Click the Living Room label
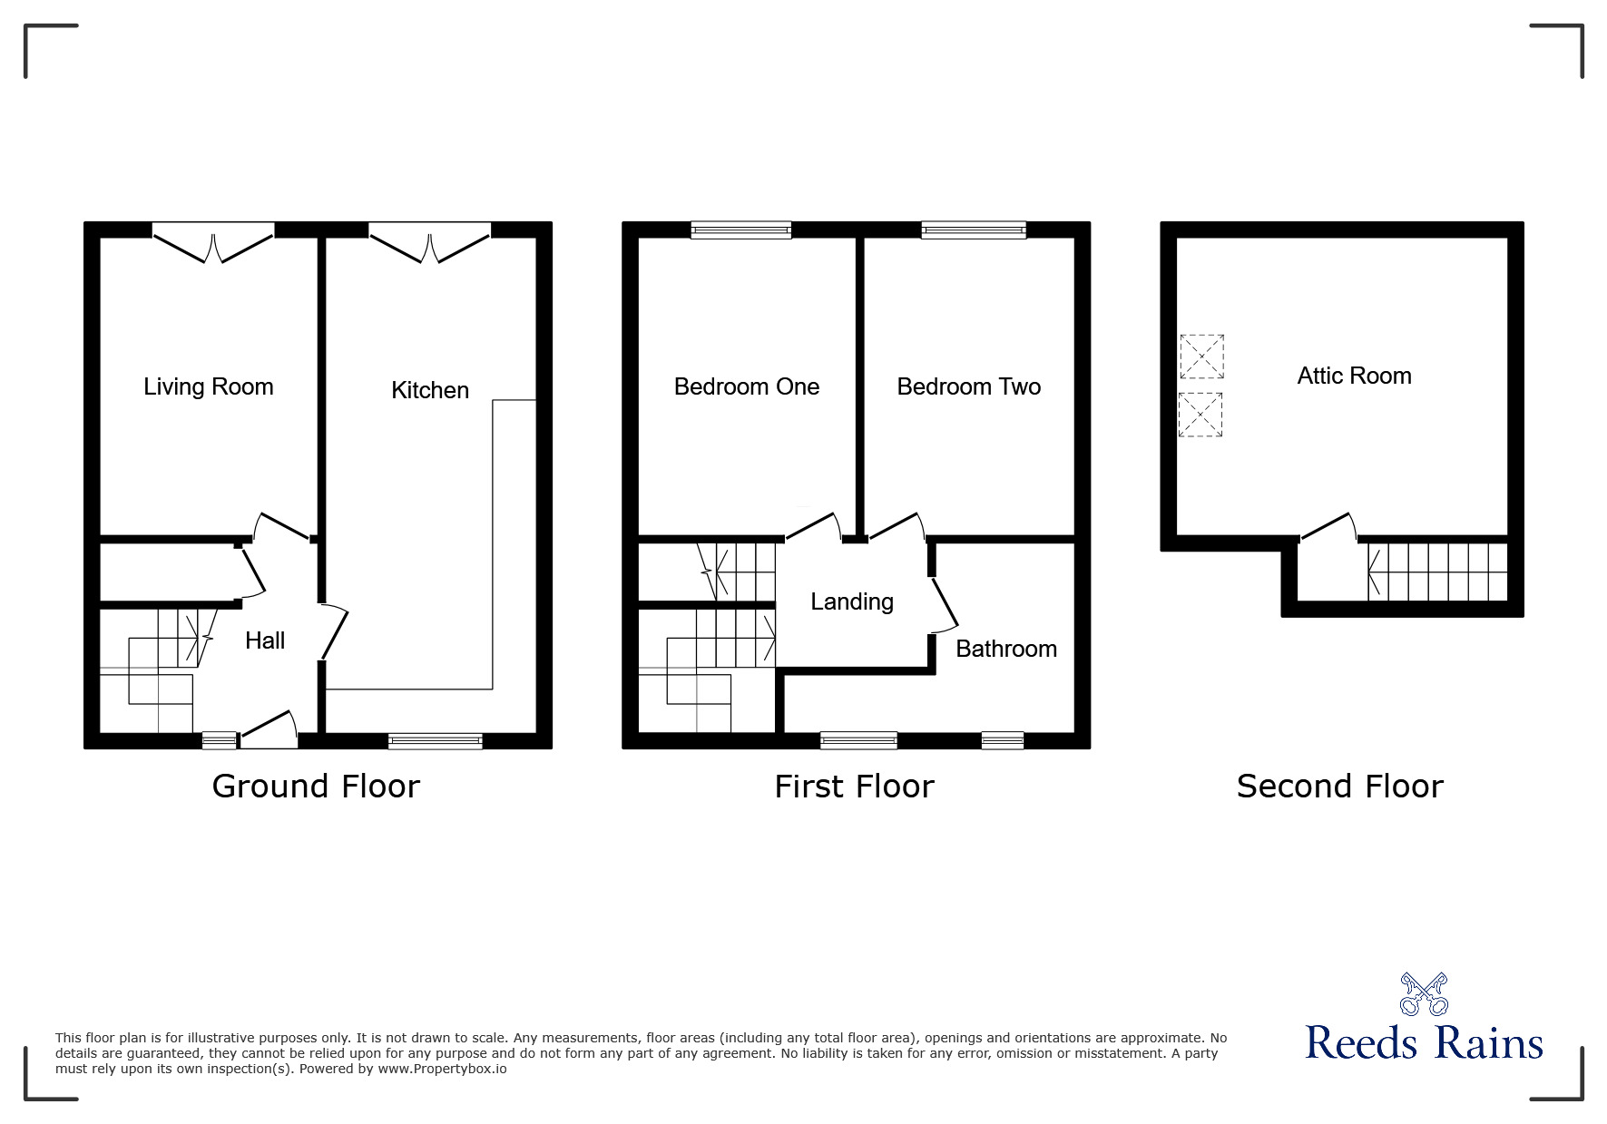(209, 387)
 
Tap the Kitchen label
(430, 391)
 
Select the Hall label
(265, 641)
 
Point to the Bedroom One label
(747, 387)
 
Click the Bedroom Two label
(968, 387)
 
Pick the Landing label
(852, 602)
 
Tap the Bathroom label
(1006, 650)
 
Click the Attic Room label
(1354, 376)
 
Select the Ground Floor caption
(316, 787)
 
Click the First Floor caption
(854, 787)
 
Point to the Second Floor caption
(1339, 787)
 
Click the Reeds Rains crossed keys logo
(1424, 994)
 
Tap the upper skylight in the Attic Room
(1201, 357)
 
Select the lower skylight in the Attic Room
(1201, 415)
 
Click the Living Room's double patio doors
(213, 243)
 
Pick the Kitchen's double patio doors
(430, 243)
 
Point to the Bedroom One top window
(740, 230)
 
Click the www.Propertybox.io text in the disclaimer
(443, 1069)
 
